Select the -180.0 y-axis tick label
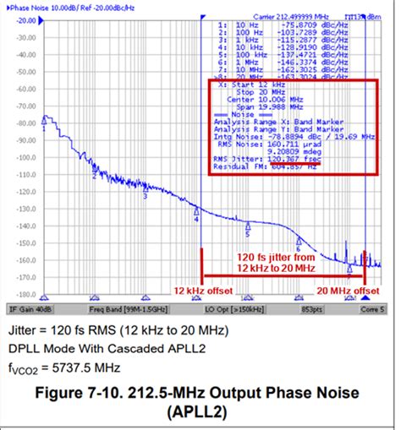pos(26,295)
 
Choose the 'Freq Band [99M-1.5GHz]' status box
pos(118,308)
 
